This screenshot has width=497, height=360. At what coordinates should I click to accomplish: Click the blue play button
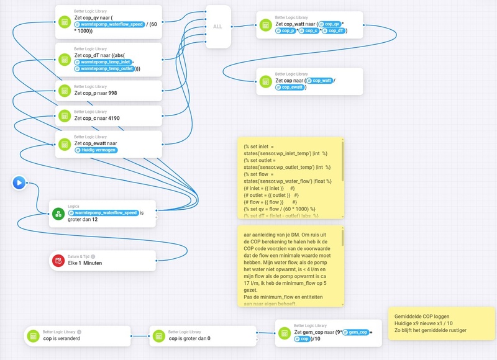click(x=19, y=182)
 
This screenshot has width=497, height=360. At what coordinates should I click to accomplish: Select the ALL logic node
click(x=217, y=27)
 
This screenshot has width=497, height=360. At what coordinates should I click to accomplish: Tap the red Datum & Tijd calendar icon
click(x=58, y=261)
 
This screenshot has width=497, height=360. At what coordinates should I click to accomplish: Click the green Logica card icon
click(x=58, y=214)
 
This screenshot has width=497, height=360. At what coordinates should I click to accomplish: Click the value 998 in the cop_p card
click(x=112, y=93)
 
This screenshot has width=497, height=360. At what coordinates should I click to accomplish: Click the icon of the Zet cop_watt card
click(x=265, y=25)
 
